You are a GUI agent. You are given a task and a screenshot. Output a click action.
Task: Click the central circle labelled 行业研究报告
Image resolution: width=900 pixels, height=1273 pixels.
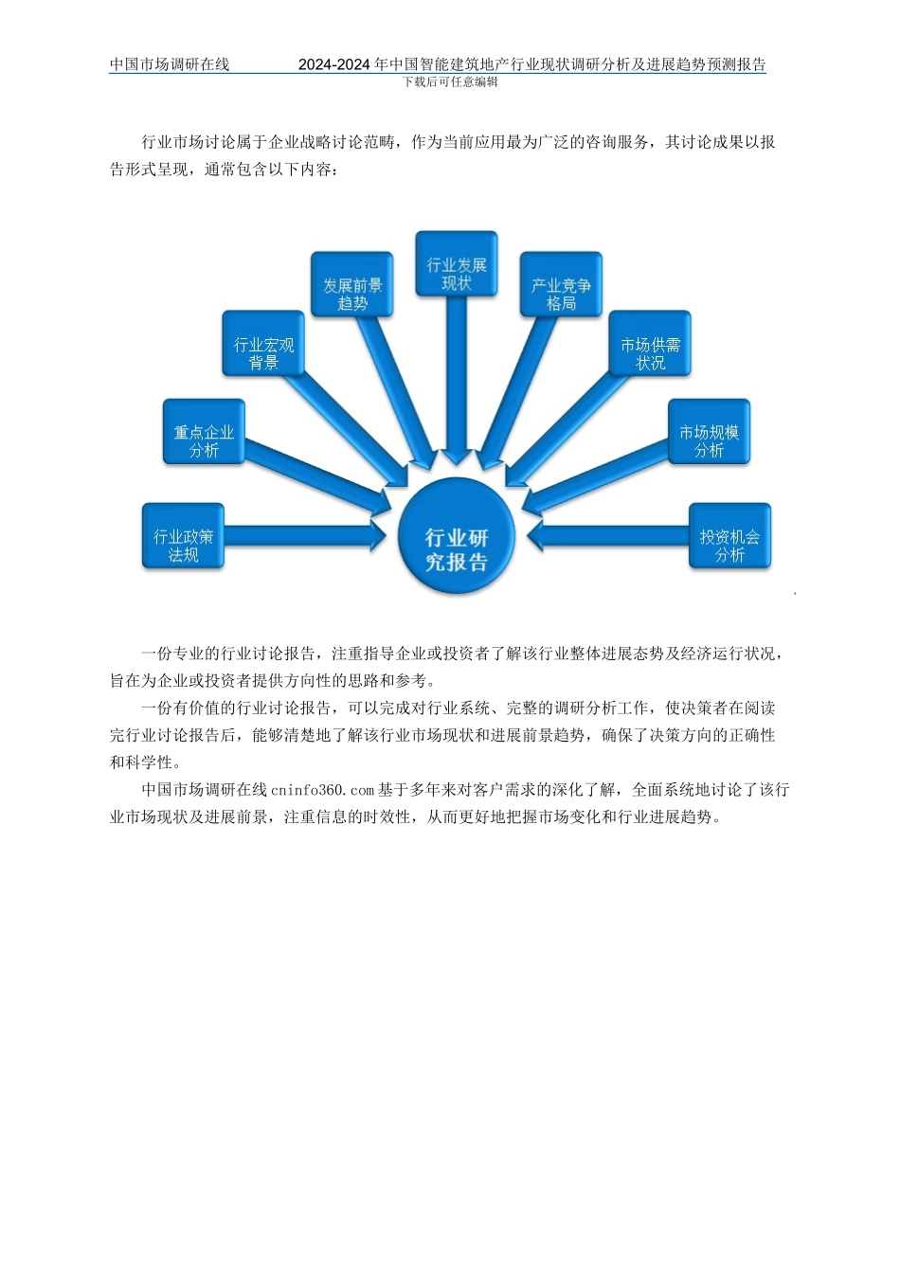pyautogui.click(x=456, y=536)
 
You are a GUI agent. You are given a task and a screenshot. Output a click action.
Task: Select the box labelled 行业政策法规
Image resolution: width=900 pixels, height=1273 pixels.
pyautogui.click(x=184, y=536)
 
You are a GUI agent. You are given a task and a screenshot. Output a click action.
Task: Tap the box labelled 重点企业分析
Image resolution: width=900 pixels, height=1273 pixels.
pyautogui.click(x=204, y=432)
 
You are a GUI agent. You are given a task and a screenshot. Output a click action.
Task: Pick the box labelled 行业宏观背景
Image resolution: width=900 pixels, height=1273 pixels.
pyautogui.click(x=264, y=345)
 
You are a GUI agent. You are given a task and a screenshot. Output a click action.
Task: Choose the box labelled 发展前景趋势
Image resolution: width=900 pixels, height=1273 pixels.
pyautogui.click(x=352, y=285)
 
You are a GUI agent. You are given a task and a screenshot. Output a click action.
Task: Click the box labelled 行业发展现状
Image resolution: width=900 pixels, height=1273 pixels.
pyautogui.click(x=457, y=264)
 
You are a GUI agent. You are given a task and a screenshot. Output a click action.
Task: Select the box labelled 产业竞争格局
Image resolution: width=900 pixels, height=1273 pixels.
pyautogui.click(x=561, y=285)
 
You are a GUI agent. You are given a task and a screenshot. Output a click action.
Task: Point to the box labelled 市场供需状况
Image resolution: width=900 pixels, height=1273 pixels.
pyautogui.click(x=650, y=345)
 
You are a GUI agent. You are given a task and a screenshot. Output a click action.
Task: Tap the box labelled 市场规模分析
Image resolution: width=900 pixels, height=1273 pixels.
pyautogui.click(x=709, y=432)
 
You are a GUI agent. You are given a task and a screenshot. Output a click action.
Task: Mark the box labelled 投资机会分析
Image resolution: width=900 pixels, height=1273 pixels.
pyautogui.click(x=729, y=536)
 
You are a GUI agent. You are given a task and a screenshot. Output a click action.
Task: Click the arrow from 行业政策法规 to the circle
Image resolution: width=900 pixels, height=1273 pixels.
pyautogui.click(x=303, y=537)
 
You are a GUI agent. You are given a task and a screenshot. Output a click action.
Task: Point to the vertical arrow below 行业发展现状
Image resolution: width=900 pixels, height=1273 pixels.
pyautogui.click(x=457, y=379)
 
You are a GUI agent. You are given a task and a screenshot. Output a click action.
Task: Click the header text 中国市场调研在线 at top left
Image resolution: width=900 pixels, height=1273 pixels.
pyautogui.click(x=170, y=64)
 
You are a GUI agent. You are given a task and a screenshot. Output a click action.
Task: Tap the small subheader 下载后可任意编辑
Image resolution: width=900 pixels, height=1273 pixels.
pyautogui.click(x=450, y=81)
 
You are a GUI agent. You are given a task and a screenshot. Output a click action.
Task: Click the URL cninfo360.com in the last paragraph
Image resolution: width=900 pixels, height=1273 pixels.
pyautogui.click(x=322, y=789)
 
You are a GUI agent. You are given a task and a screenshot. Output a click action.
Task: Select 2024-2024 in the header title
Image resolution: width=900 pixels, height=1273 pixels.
pyautogui.click(x=334, y=64)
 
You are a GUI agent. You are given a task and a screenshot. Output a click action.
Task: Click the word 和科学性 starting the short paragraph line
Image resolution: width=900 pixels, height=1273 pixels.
pyautogui.click(x=141, y=762)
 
